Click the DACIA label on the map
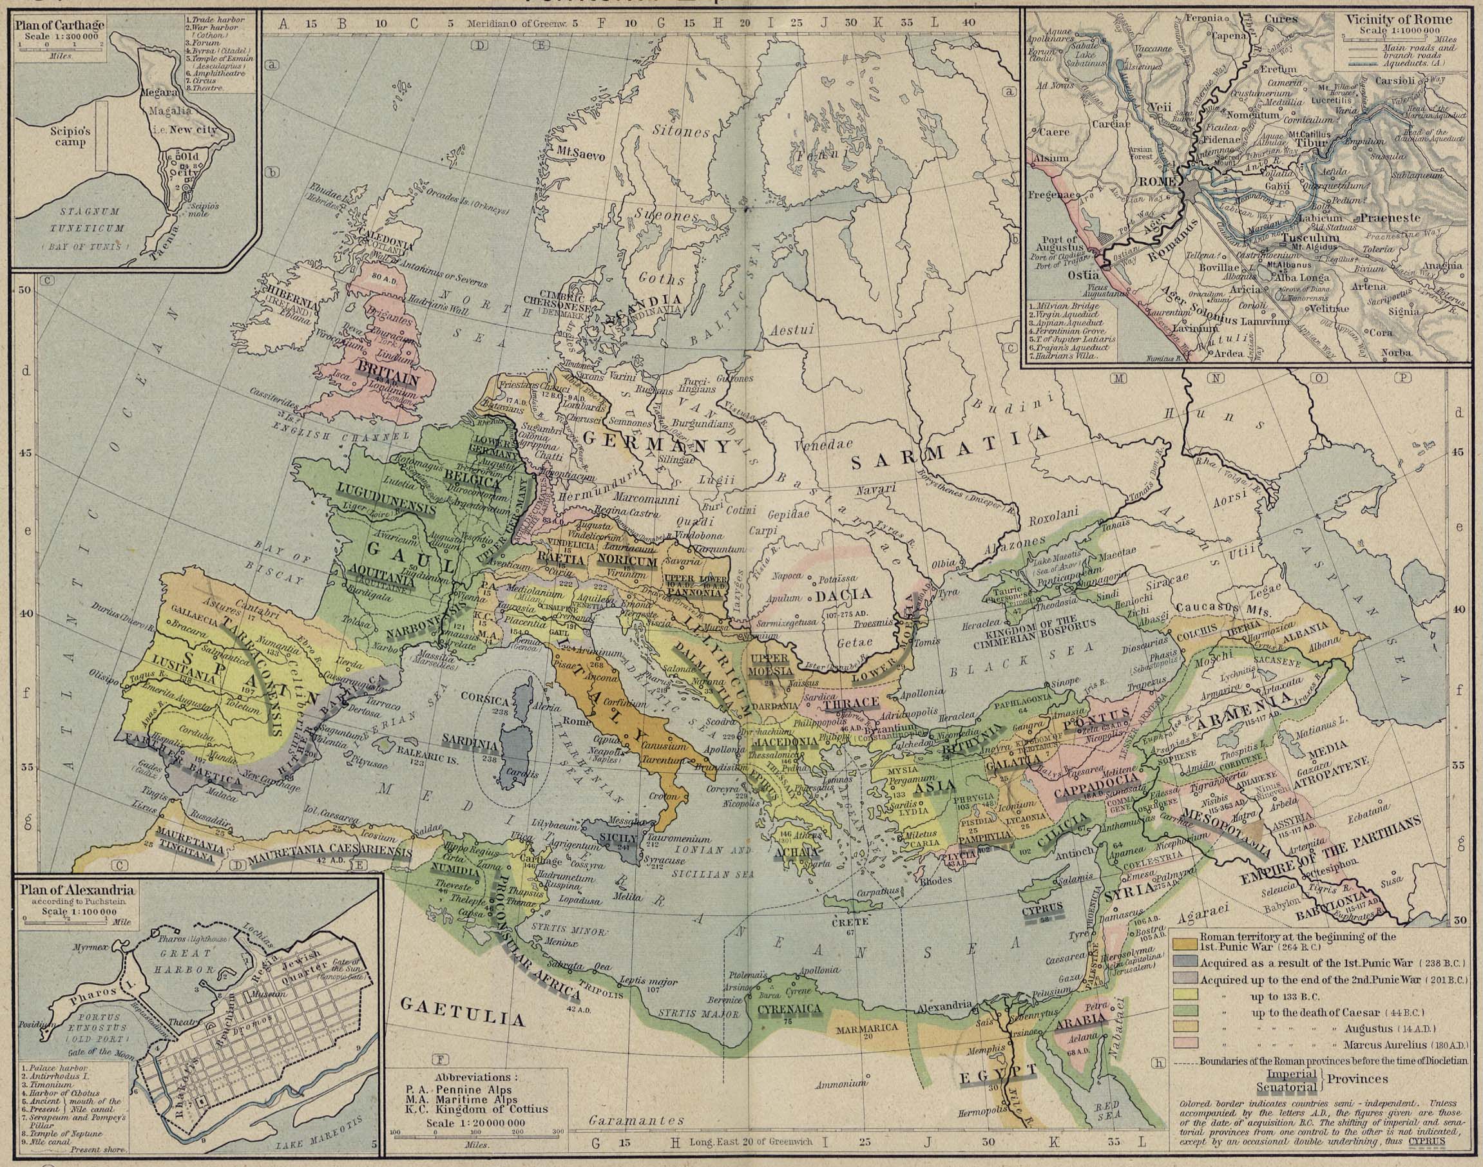click(x=847, y=594)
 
